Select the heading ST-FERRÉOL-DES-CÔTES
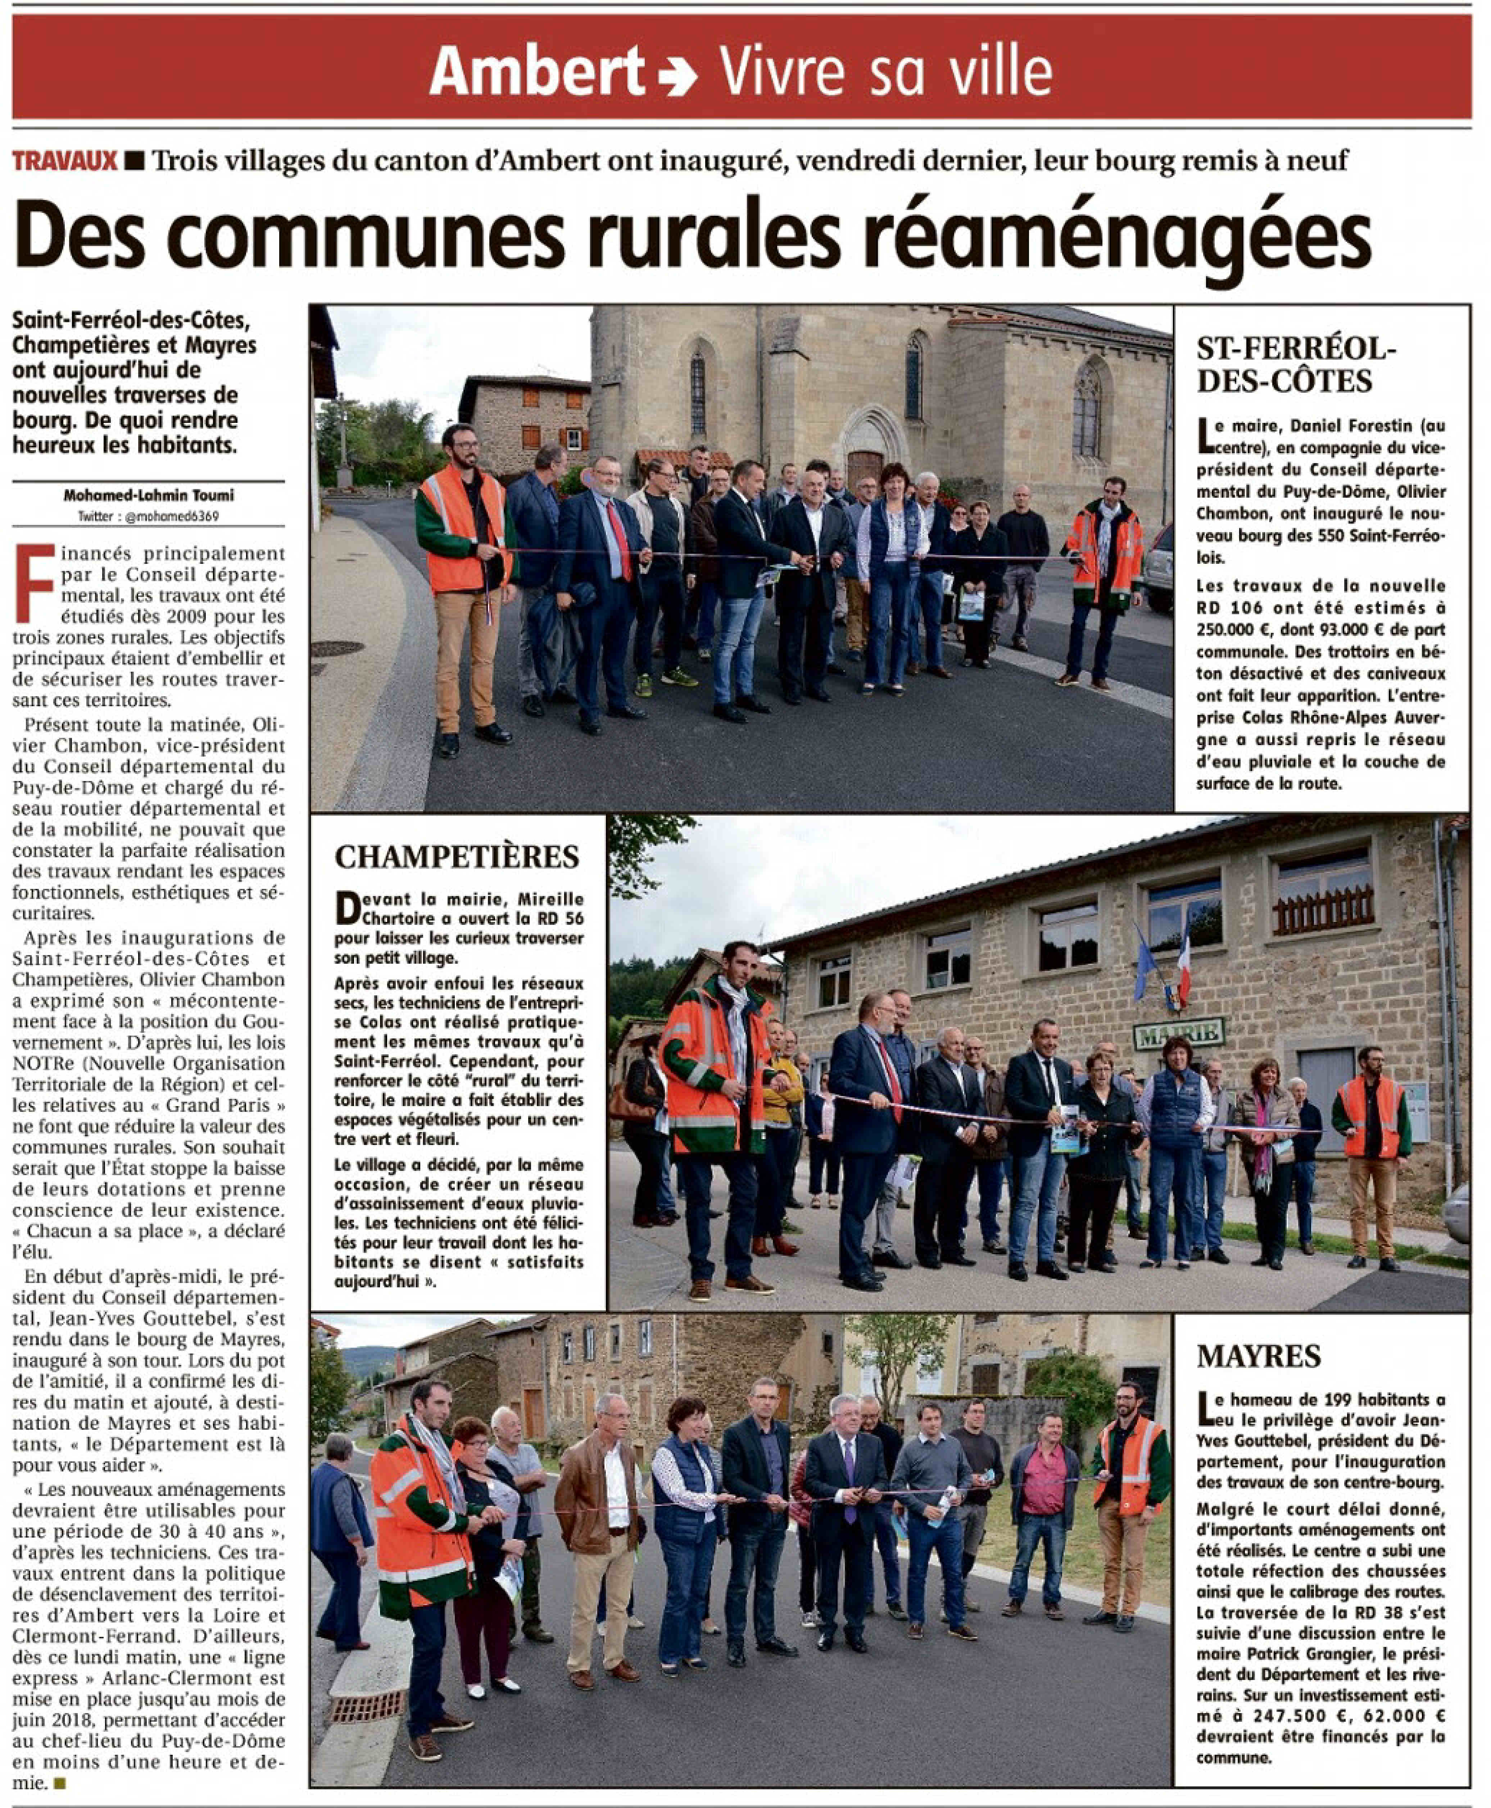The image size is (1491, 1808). tap(1296, 364)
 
